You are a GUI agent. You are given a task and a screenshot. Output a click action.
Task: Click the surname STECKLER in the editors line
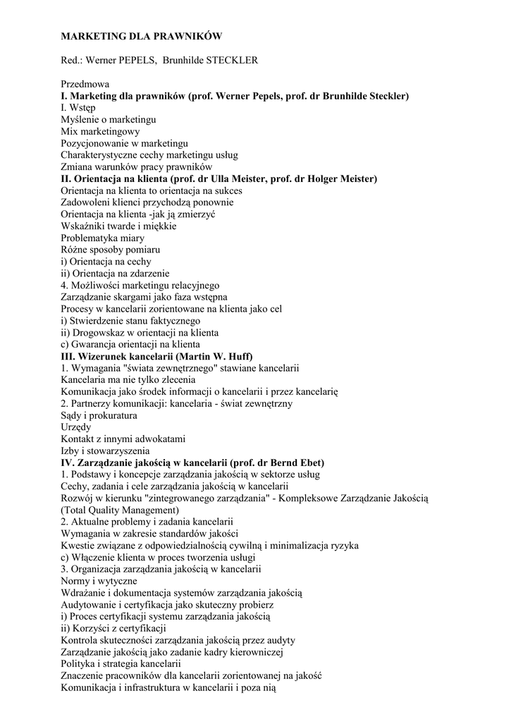[x=230, y=60]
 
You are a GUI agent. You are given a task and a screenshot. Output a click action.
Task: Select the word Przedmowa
[x=85, y=84]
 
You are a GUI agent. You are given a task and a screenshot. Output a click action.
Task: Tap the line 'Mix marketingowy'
[x=100, y=131]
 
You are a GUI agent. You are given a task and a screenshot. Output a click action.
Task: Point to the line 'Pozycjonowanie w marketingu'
[x=124, y=143]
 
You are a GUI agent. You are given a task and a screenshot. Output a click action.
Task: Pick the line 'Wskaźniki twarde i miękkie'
[x=118, y=226]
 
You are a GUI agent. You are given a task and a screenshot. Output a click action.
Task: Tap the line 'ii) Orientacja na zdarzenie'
[x=115, y=274]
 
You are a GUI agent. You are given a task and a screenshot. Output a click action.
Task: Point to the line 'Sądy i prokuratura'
[x=99, y=415]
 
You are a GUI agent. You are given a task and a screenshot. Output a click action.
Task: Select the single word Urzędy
[x=76, y=427]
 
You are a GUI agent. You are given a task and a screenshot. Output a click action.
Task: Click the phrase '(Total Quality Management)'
[x=120, y=510]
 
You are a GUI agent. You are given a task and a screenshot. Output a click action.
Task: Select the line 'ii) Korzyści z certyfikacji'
[x=113, y=628]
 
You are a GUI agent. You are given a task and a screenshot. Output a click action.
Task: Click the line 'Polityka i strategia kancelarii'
[x=121, y=663]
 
